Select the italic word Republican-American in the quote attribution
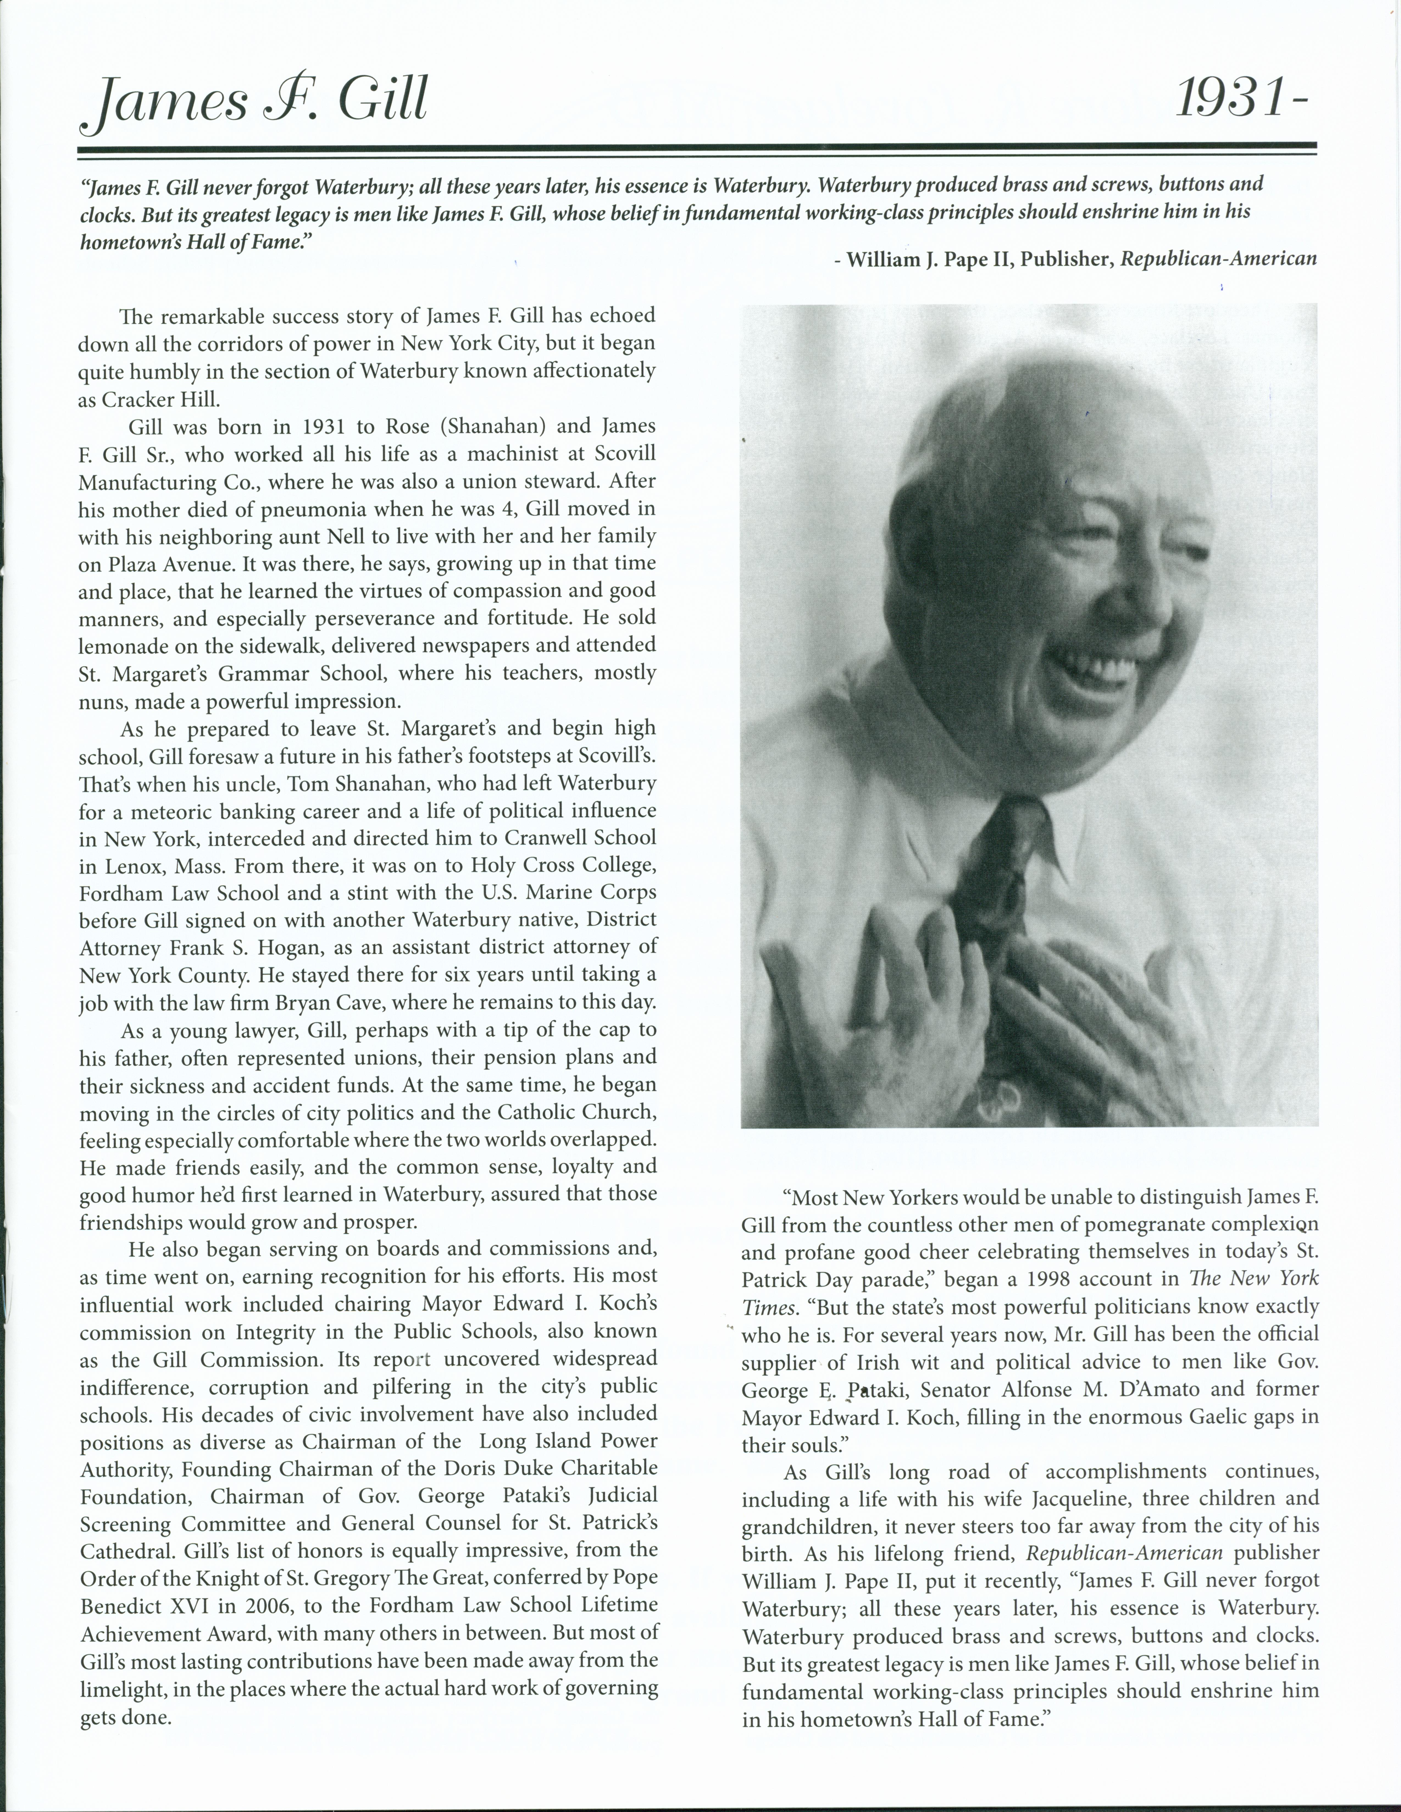pos(1218,259)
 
